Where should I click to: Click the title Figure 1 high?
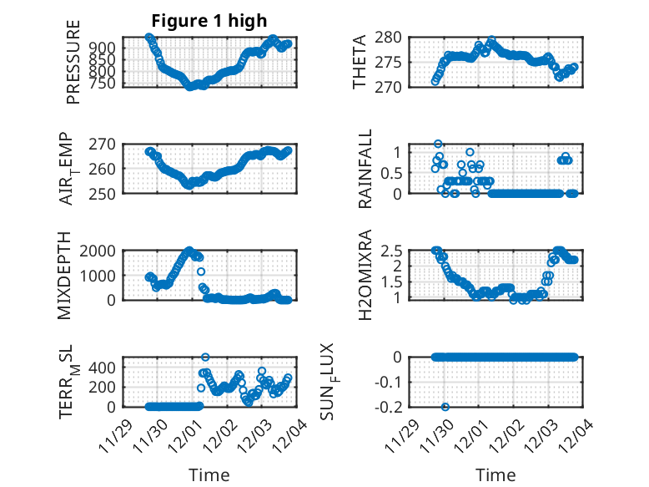tap(209, 21)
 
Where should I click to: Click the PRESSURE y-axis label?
tap(73, 62)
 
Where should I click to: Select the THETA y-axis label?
tap(360, 62)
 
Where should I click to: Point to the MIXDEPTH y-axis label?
tap(66, 275)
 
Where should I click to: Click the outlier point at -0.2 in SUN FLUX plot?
tap(445, 407)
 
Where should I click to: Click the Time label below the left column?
tap(209, 475)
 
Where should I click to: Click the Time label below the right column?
tap(496, 475)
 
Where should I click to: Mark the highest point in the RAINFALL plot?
tap(438, 144)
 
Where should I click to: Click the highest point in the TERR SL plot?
tap(205, 357)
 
